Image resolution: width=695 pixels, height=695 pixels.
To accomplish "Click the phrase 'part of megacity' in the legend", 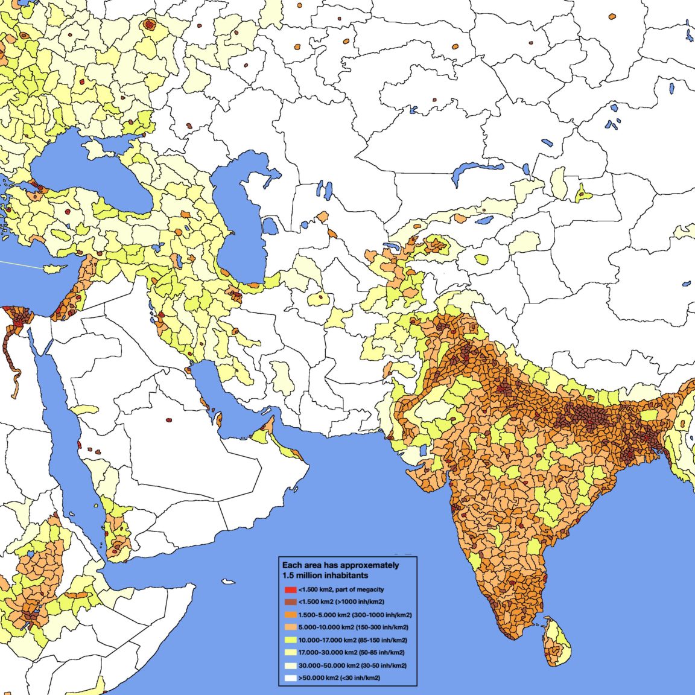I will coord(359,589).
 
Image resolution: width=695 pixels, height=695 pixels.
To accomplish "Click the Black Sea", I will coord(90,172).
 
